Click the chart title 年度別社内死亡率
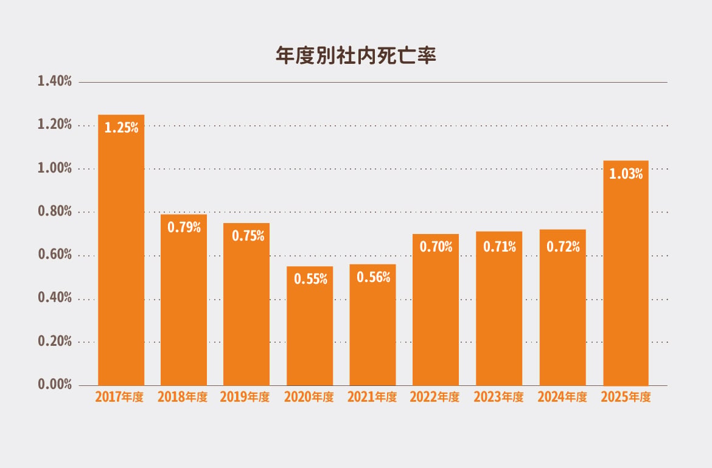coord(355,55)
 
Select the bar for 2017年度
coord(121,250)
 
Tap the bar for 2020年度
coord(310,326)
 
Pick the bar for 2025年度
coord(626,273)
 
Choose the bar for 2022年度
coord(436,310)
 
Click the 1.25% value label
coord(121,128)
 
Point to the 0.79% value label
coord(184,227)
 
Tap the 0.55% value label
coord(310,278)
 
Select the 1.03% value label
coord(626,174)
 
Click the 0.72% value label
coord(563,246)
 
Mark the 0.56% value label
coord(373,277)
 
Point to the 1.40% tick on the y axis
coord(55,81)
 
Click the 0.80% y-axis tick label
coord(55,211)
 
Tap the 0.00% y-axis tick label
coord(55,384)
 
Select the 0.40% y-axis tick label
coord(55,297)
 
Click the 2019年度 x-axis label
coord(245,397)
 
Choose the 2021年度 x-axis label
coord(372,397)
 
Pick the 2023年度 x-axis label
coord(498,397)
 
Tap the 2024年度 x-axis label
coord(562,397)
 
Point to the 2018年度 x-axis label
coord(183,397)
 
